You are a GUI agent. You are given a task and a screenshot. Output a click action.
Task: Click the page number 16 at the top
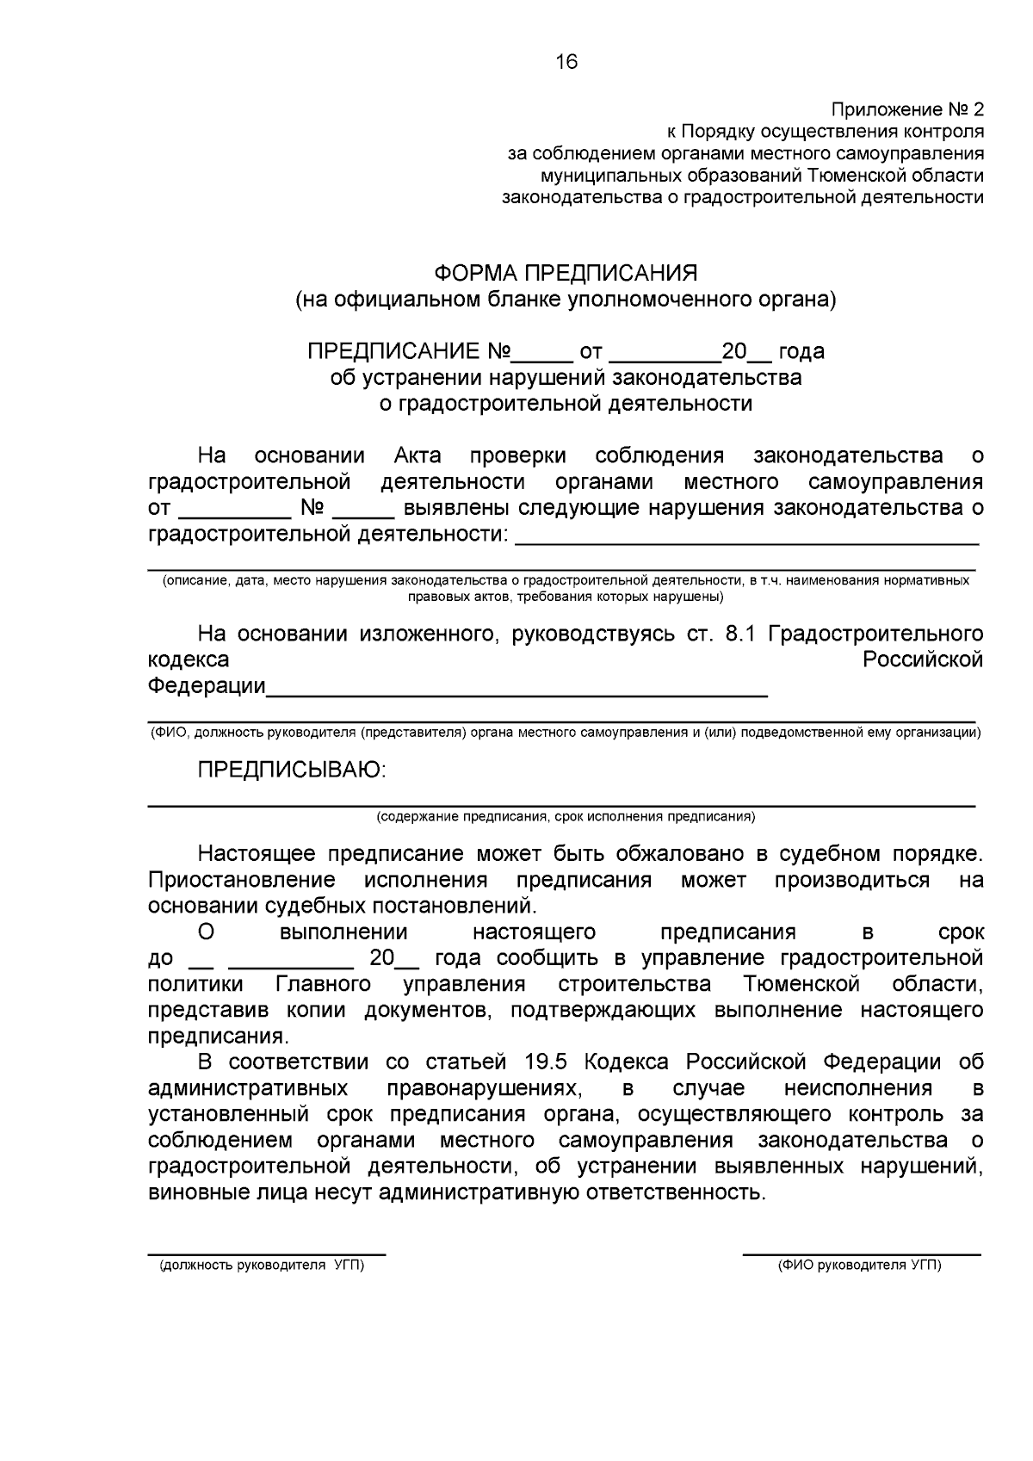[x=566, y=62]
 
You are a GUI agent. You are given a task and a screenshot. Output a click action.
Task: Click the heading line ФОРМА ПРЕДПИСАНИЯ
[x=566, y=274]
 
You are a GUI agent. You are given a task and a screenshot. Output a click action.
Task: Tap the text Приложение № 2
[x=906, y=110]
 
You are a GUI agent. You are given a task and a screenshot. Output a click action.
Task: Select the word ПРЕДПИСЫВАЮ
[x=292, y=770]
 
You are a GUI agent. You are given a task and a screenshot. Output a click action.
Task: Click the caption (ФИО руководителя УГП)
[x=859, y=1266]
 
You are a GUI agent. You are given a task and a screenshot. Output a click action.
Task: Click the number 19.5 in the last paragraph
[x=542, y=1062]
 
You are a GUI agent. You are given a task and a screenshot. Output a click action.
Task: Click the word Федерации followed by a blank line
[x=207, y=686]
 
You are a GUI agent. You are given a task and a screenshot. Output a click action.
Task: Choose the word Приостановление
[x=241, y=880]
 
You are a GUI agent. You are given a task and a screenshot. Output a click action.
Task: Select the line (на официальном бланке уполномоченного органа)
[x=566, y=300]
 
